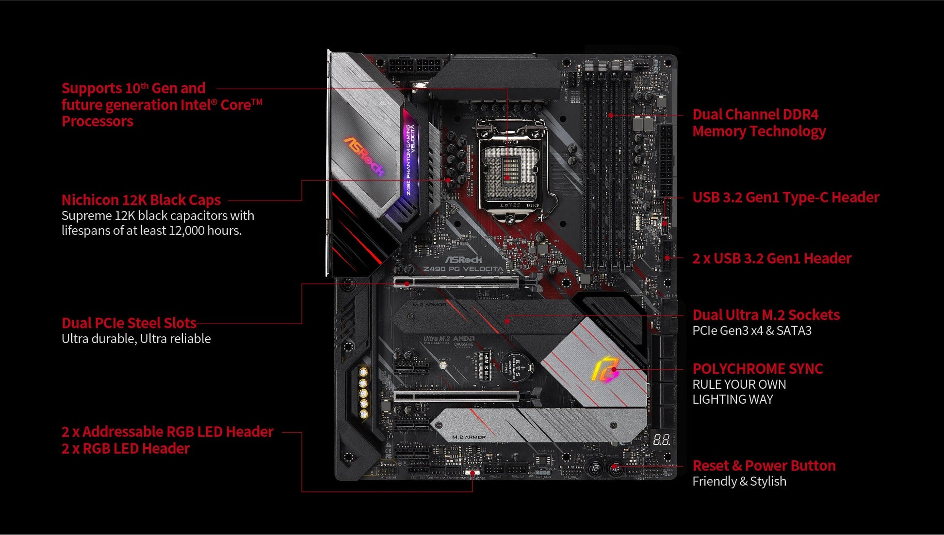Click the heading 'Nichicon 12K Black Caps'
pyautogui.click(x=141, y=200)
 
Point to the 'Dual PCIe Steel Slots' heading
pyautogui.click(x=129, y=323)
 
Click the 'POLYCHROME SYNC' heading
pyautogui.click(x=757, y=369)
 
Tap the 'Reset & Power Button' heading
pyautogui.click(x=764, y=466)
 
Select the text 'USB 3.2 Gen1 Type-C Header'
pyautogui.click(x=785, y=197)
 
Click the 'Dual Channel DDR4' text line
pyautogui.click(x=755, y=114)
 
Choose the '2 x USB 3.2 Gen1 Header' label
pyautogui.click(x=771, y=258)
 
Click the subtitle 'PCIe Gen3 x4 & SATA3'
pyautogui.click(x=751, y=330)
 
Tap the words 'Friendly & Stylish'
pyautogui.click(x=739, y=481)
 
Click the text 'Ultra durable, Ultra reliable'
pyautogui.click(x=136, y=339)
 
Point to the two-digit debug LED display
pyautogui.click(x=661, y=440)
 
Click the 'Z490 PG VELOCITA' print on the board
pyautogui.click(x=463, y=269)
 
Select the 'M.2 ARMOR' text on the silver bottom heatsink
pyautogui.click(x=469, y=437)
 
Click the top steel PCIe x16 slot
pyautogui.click(x=456, y=282)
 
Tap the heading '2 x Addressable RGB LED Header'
pyautogui.click(x=167, y=432)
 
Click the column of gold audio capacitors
pyautogui.click(x=363, y=393)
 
